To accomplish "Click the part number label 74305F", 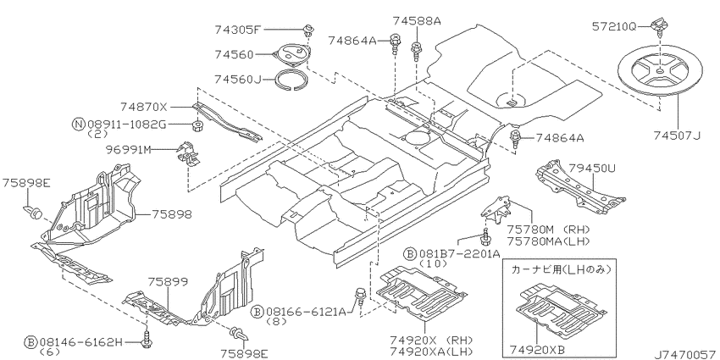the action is coord(237,30).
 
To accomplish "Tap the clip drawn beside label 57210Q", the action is coord(659,25).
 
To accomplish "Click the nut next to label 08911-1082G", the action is coord(197,125).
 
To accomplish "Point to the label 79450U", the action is coord(591,169).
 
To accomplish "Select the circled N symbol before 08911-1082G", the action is coord(79,124).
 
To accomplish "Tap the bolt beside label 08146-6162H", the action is coord(148,339).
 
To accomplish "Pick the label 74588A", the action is coord(416,20).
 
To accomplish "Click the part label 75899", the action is coord(168,282).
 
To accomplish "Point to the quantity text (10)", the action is coord(433,263).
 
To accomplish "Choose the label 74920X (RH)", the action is coord(431,341).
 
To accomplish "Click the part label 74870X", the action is coord(144,108).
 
